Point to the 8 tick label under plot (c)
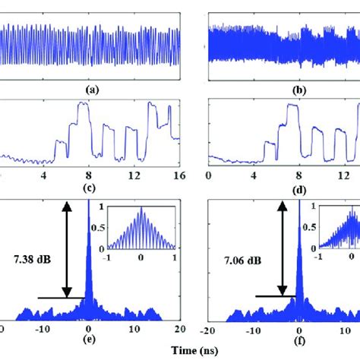point(88,175)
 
